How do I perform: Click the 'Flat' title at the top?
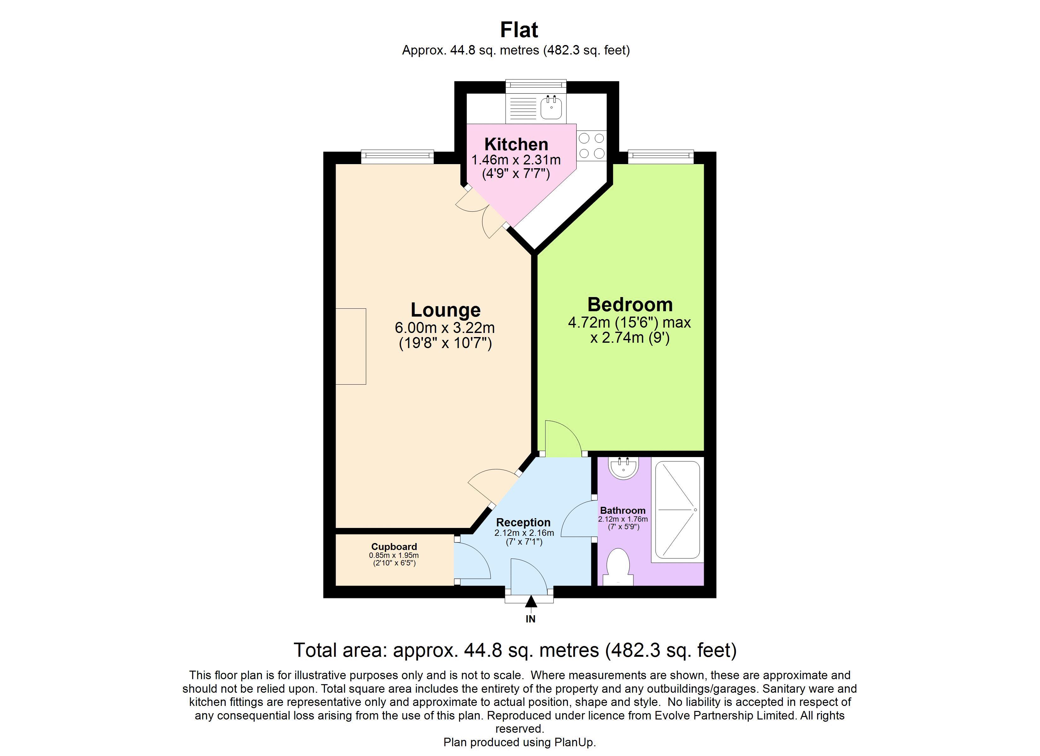click(519, 30)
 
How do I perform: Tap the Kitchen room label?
click(516, 144)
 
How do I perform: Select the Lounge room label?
click(445, 310)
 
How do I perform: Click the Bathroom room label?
click(623, 510)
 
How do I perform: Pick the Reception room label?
click(523, 522)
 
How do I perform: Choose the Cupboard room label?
click(394, 547)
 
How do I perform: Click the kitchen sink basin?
click(551, 108)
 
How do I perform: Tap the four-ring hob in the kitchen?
click(592, 146)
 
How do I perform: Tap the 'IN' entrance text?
click(530, 619)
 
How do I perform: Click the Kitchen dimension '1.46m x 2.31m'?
click(516, 160)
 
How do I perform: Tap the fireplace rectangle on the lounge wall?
click(351, 346)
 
